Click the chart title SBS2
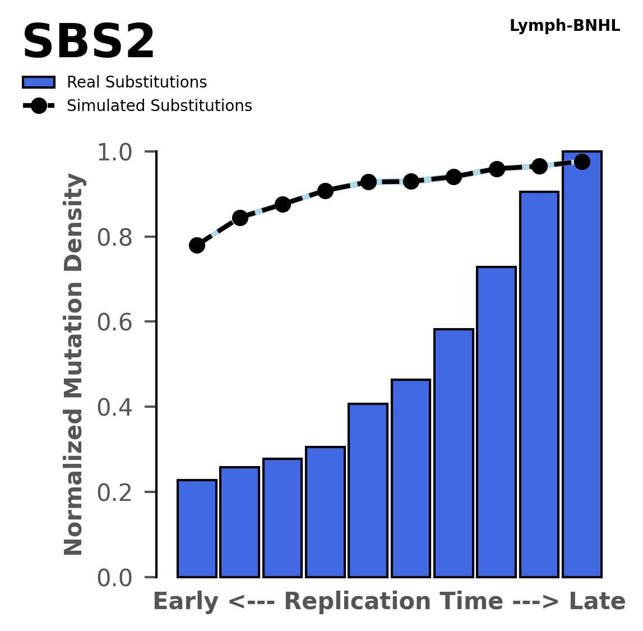pyautogui.click(x=89, y=43)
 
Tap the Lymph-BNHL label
pyautogui.click(x=565, y=26)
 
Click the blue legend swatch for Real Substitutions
pyautogui.click(x=38, y=82)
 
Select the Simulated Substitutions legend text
pyautogui.click(x=159, y=106)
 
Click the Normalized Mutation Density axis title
pyautogui.click(x=74, y=364)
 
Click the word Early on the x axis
pyautogui.click(x=186, y=602)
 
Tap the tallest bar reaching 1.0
pyautogui.click(x=582, y=365)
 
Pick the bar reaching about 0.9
pyautogui.click(x=539, y=384)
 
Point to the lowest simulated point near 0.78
pyautogui.click(x=197, y=245)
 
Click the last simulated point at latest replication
pyautogui.click(x=582, y=162)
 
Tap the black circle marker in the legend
pyautogui.click(x=38, y=105)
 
